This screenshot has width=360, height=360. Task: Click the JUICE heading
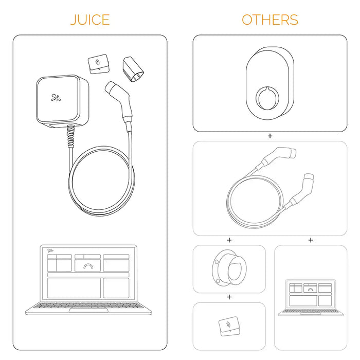coord(90,20)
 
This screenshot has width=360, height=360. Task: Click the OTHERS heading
coord(270,20)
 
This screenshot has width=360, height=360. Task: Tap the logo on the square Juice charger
coord(56,98)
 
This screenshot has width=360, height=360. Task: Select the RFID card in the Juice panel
coord(99,64)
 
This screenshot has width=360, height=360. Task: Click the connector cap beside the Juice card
coord(133,69)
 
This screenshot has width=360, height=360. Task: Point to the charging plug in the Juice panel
coord(119,105)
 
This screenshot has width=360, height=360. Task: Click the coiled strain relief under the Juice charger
coord(71,137)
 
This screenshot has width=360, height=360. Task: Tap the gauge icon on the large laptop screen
coord(88,266)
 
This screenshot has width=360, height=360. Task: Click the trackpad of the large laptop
coord(88,311)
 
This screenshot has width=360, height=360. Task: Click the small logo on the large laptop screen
coord(50,250)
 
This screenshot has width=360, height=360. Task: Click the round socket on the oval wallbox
coord(267,98)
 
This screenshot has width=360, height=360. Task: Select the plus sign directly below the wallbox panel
coord(270,136)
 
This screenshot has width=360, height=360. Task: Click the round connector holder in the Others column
coord(229,268)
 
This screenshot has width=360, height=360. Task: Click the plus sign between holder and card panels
coord(229,297)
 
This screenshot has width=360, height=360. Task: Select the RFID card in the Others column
coord(229,326)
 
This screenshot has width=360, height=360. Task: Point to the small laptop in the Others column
coord(311,298)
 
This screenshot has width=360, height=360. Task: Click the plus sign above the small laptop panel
coord(311,240)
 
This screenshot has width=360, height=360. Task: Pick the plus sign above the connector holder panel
coord(229,240)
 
